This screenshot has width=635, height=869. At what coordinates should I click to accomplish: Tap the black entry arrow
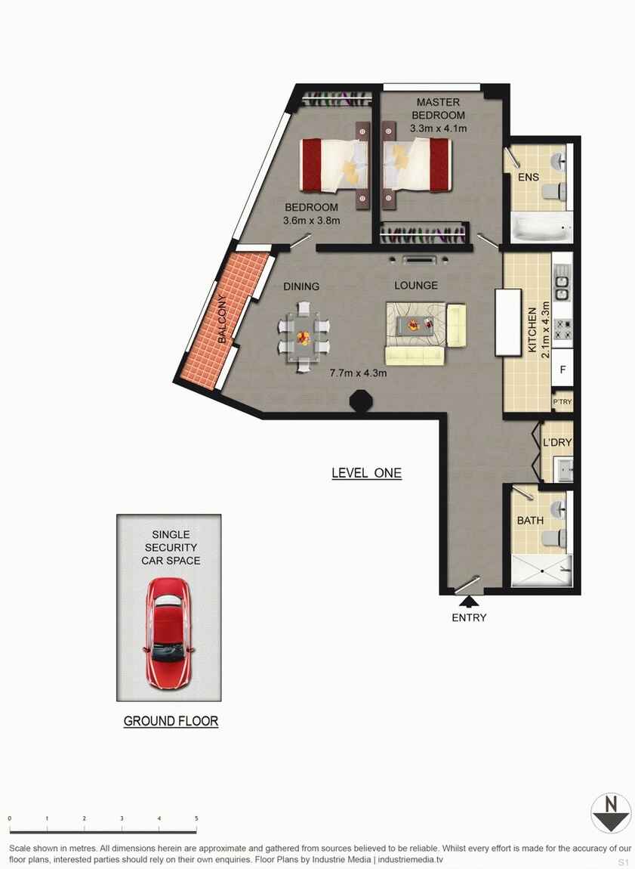[469, 601]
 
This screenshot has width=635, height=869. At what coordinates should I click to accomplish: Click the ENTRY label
[469, 617]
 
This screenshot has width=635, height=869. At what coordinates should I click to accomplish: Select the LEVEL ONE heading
[366, 474]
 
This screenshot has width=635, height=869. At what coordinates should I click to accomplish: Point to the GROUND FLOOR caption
[171, 721]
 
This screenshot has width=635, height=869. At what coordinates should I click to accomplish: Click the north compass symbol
[610, 813]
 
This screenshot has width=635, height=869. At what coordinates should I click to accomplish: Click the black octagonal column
[359, 400]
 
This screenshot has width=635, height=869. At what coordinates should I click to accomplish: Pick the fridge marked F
[563, 370]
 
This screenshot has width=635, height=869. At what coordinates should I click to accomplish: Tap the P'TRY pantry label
[563, 401]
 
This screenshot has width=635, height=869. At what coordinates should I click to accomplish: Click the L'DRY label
[557, 442]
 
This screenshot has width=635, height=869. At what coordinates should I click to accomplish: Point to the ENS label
[528, 178]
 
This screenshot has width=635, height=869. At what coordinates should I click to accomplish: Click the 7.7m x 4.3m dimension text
[358, 373]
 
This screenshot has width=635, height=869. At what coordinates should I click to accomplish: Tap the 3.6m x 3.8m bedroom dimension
[311, 221]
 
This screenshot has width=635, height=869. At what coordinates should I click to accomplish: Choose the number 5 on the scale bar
[196, 818]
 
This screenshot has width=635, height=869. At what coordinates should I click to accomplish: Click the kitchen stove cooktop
[563, 329]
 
